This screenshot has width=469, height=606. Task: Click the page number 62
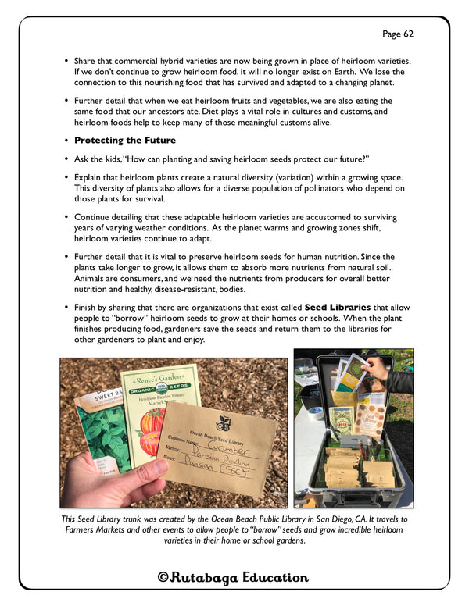397,34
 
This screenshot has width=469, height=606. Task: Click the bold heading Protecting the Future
125,141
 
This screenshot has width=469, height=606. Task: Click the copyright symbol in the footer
163,578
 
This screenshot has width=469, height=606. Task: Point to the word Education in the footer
274,578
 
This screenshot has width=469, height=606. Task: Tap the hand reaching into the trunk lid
378,365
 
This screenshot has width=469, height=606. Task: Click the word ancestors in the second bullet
181,112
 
